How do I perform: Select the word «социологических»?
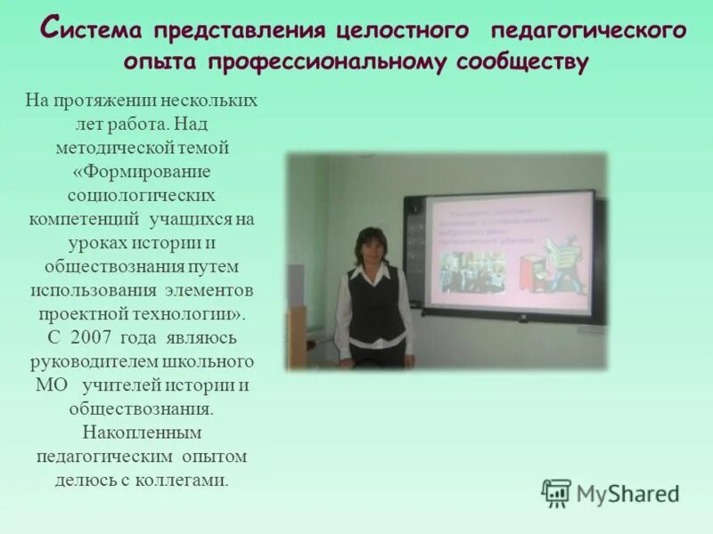141,193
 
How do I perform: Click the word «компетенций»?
86,218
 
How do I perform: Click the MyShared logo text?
627,493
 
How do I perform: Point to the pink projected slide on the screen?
508,254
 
